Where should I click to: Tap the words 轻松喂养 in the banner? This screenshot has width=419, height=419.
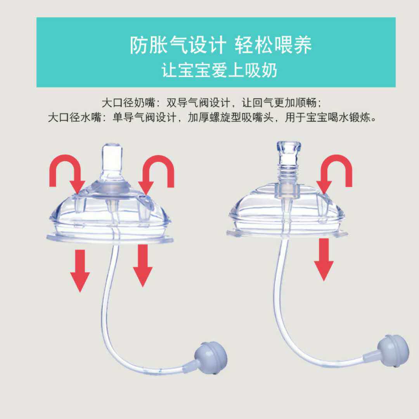click(x=273, y=46)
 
